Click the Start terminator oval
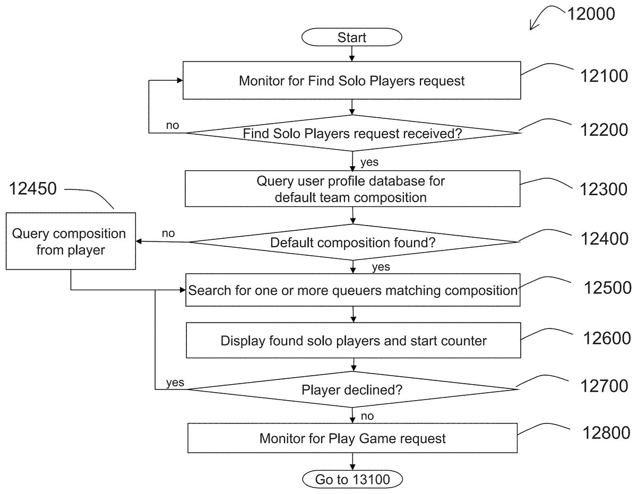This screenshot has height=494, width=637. coord(351,38)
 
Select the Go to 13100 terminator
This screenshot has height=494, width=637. coord(352,480)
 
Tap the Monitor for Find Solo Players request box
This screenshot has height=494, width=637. coord(351,81)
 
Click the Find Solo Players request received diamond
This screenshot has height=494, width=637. coord(352,133)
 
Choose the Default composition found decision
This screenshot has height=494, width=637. coord(352,242)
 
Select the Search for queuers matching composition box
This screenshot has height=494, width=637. coord(352,290)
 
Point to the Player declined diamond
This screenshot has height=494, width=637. coord(352,390)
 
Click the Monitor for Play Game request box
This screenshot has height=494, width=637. coord(352,438)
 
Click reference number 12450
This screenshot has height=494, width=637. coord(32,189)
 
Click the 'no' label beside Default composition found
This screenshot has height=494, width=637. coord(168,233)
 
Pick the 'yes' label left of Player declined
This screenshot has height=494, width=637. coord(175,383)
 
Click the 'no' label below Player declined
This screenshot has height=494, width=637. coord(367,416)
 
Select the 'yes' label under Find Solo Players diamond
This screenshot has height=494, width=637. coord(369,161)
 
